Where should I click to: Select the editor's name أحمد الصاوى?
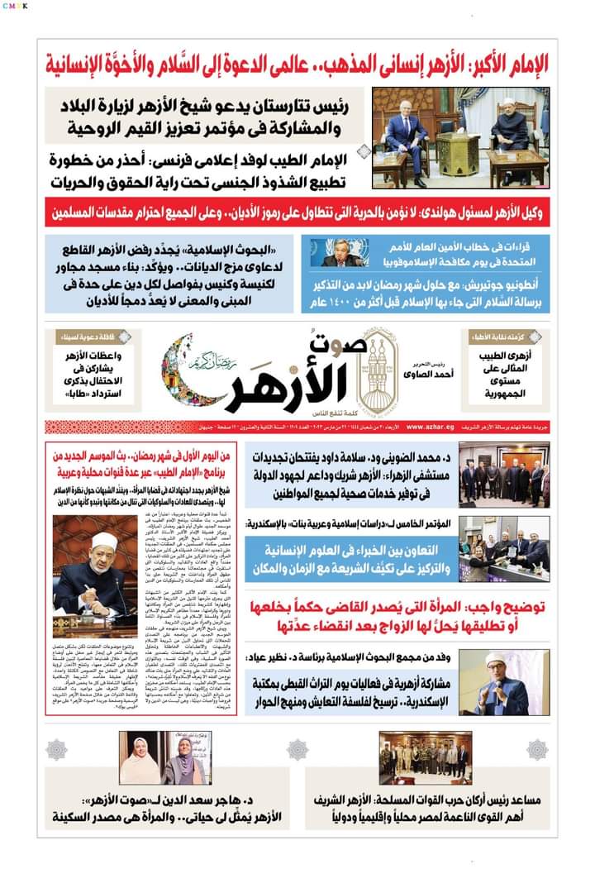[x=421, y=381]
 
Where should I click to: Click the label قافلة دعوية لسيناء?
[x=79, y=337]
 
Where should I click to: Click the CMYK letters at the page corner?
[x=15, y=6]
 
